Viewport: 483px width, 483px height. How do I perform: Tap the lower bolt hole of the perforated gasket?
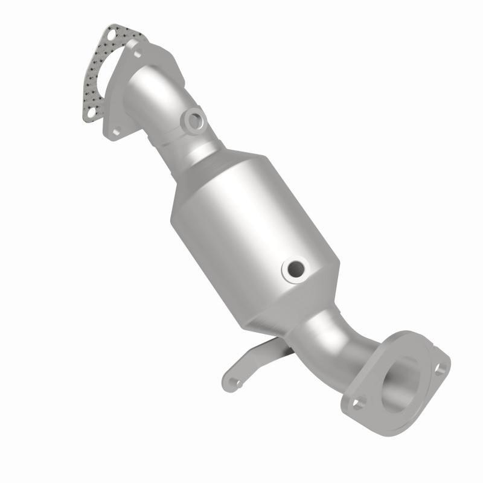pyautogui.click(x=91, y=112)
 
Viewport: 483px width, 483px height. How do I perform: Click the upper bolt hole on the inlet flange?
pyautogui.click(x=138, y=55)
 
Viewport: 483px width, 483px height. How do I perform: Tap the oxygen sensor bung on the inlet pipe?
pyautogui.click(x=195, y=120)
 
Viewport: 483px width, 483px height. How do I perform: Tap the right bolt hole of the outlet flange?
pyautogui.click(x=442, y=365)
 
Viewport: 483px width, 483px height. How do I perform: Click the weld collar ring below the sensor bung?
pyautogui.click(x=199, y=148)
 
